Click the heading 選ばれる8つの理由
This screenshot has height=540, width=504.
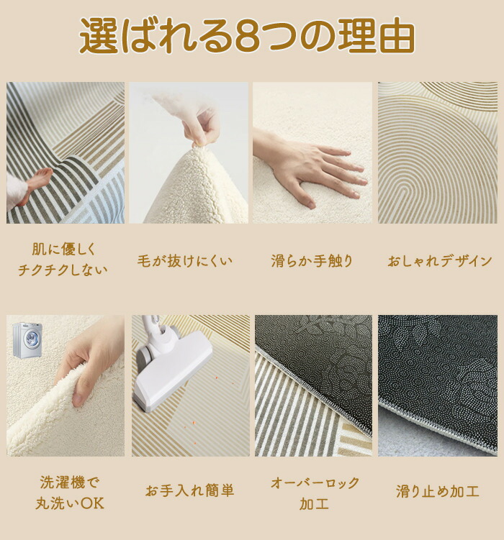(x=247, y=35)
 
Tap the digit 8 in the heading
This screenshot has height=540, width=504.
(x=247, y=35)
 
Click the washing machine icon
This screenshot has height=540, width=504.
(x=27, y=340)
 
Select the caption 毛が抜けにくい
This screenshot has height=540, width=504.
(x=185, y=261)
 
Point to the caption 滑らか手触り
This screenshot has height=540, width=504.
(x=312, y=261)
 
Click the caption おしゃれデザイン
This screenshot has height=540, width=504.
(x=439, y=261)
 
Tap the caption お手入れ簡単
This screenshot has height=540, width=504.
(x=189, y=490)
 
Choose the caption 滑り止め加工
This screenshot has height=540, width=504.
(x=438, y=491)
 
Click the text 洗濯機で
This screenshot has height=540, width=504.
(x=69, y=482)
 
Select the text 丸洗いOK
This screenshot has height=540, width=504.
(x=70, y=503)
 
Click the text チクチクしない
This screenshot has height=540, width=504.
(x=63, y=270)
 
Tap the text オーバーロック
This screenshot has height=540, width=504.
(x=315, y=482)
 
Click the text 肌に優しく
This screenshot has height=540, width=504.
(x=63, y=249)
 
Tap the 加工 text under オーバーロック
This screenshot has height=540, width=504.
(x=315, y=504)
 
